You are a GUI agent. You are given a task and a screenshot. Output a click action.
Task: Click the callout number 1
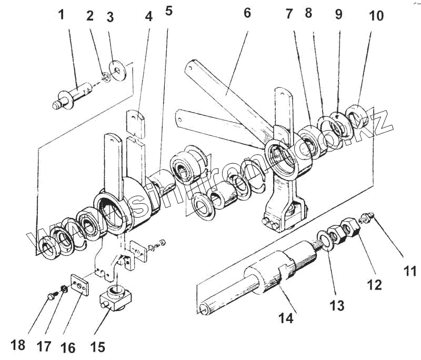pos(62,14)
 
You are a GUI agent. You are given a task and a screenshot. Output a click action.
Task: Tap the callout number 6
pos(247,14)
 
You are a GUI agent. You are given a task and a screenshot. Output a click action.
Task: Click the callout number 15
pos(98,347)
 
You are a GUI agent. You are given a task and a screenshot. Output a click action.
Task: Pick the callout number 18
pos(18,345)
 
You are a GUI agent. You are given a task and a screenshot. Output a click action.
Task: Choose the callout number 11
pos(410,271)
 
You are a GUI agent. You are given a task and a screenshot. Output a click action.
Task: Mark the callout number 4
pos(149,16)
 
